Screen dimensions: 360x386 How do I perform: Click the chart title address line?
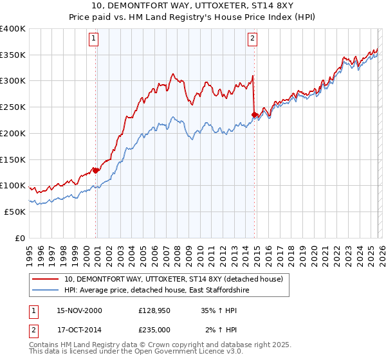coord(192,6)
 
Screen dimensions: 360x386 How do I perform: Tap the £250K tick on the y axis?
coord(13,107)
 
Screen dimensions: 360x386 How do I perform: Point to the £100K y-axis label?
coord(13,185)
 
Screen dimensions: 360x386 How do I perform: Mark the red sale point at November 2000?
coord(96,170)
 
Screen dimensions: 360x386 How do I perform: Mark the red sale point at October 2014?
coord(254,115)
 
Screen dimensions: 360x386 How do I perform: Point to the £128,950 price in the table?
coord(154,310)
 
